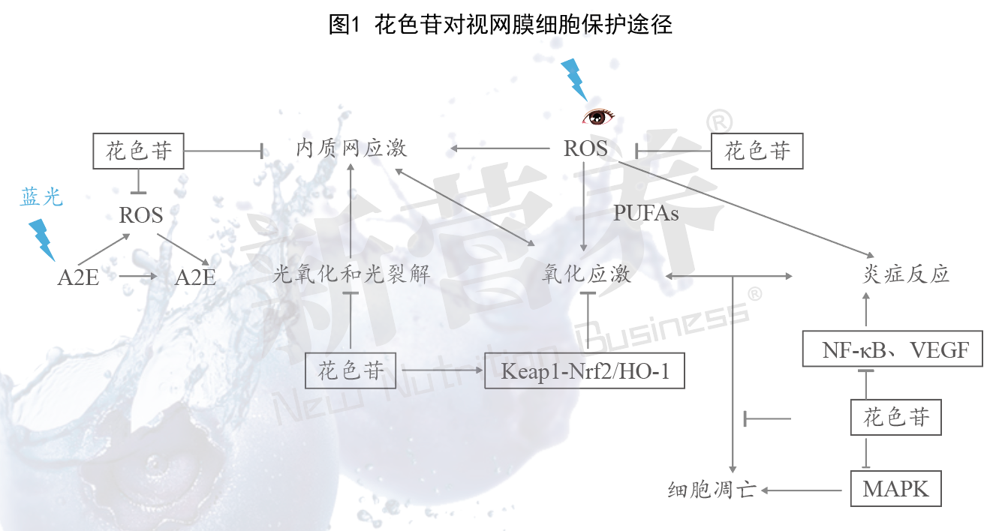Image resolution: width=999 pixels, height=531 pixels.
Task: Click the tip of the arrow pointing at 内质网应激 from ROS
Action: coord(450,148)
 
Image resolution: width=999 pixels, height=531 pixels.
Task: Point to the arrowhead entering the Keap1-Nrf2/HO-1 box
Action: coord(483,370)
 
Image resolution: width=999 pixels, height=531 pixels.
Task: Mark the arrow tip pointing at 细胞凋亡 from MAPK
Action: coord(761,490)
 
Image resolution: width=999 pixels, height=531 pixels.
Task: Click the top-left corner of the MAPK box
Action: coord(851,471)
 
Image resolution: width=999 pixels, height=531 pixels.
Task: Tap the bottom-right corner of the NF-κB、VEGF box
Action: coord(982,367)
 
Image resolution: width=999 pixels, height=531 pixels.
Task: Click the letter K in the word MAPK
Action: coord(920,489)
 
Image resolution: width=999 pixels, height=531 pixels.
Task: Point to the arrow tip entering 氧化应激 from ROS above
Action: coord(583,251)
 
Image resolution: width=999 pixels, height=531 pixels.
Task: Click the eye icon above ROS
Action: coord(597,117)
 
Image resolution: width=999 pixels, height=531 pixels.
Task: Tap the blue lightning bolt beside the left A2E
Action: coord(42,240)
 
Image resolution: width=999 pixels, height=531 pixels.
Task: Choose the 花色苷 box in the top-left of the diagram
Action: coord(138,151)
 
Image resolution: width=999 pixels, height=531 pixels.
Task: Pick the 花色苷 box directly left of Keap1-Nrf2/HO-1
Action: coord(351,370)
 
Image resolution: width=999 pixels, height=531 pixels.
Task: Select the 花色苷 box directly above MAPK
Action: coord(896,418)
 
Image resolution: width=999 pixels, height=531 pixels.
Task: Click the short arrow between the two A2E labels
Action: coord(138,276)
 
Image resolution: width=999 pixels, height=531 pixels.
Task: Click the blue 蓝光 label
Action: coord(41,197)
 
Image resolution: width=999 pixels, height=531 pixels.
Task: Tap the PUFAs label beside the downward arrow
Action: coord(645,213)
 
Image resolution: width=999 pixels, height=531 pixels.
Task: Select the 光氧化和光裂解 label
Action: coord(351,274)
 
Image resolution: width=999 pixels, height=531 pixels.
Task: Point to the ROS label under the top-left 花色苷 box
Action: coord(141,215)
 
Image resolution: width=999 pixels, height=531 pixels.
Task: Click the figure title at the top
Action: coord(500,25)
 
